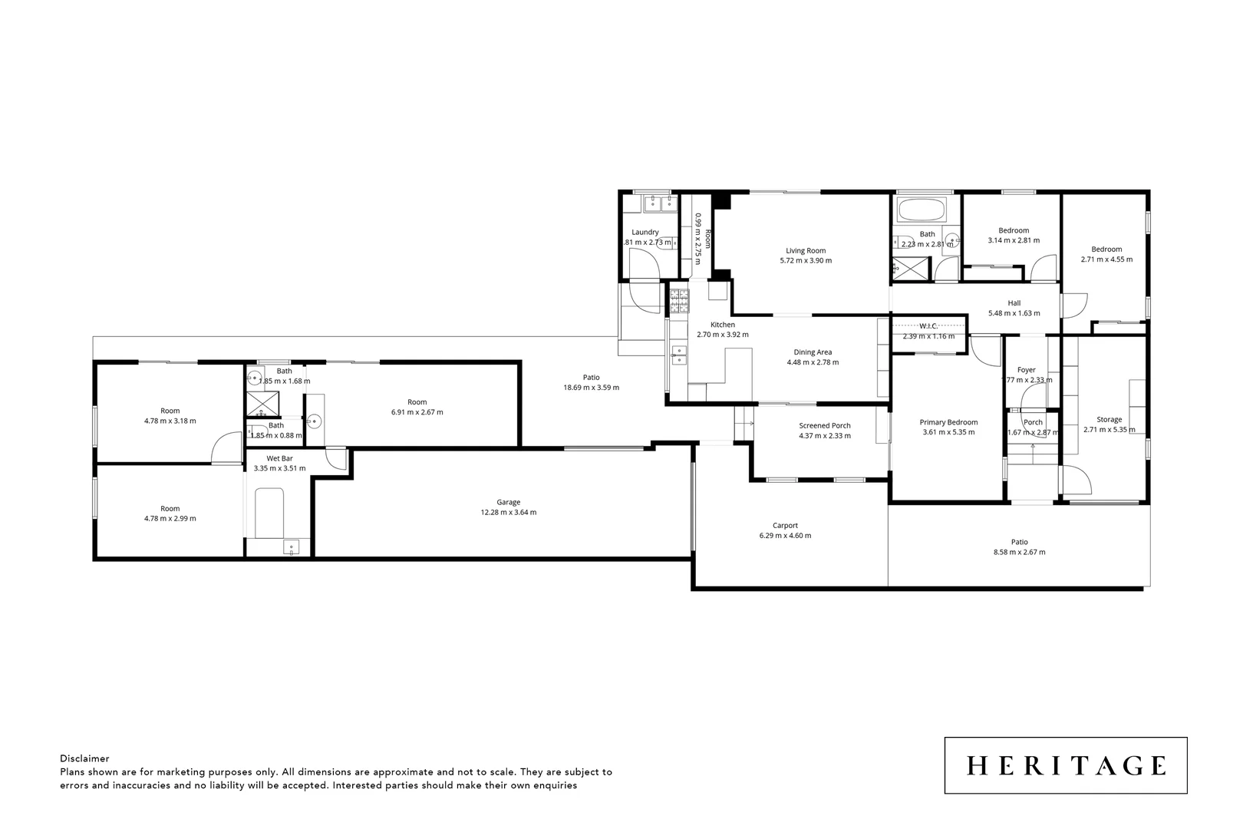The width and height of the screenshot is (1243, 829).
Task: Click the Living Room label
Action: pyautogui.click(x=806, y=250)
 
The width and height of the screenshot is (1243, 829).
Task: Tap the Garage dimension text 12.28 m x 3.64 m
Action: pyautogui.click(x=508, y=512)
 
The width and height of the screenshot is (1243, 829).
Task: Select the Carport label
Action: pyautogui.click(x=785, y=526)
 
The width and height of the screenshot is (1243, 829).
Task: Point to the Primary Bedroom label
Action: pyautogui.click(x=948, y=422)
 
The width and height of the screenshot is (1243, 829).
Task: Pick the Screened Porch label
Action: pyautogui.click(x=825, y=426)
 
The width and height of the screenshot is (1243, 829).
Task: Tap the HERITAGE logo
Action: pyautogui.click(x=1065, y=765)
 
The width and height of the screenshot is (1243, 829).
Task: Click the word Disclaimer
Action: pyautogui.click(x=84, y=758)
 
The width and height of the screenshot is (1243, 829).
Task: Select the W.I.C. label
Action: pyautogui.click(x=928, y=326)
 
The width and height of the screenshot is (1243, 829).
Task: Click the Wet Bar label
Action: pyautogui.click(x=279, y=458)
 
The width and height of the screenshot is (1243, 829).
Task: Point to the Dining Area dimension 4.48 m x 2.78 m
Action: pyautogui.click(x=813, y=362)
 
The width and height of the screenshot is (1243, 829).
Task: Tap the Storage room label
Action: pyautogui.click(x=1109, y=420)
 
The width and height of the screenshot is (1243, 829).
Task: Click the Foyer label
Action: pyautogui.click(x=1026, y=370)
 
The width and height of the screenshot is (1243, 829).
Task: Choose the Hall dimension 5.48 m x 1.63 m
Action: pyautogui.click(x=1014, y=313)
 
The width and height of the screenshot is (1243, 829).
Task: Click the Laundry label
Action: pyautogui.click(x=645, y=232)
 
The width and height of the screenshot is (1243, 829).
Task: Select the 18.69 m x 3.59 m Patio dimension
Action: pyautogui.click(x=591, y=388)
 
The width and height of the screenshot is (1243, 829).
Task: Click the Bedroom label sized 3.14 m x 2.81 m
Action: pyautogui.click(x=1014, y=230)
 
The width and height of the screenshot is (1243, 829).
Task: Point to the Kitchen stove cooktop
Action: pyautogui.click(x=679, y=301)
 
